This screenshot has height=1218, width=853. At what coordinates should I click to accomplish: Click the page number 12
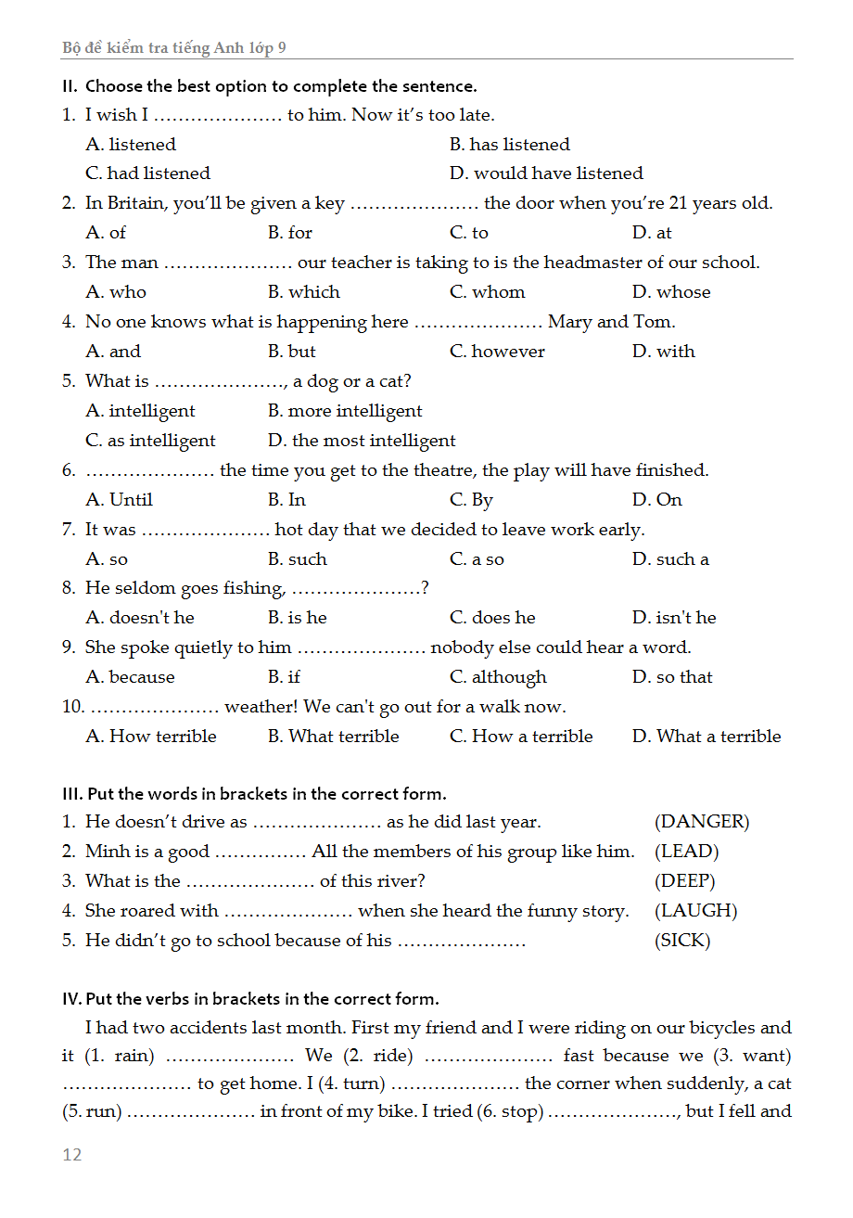coord(72,1154)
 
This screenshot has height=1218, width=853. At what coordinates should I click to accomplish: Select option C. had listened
coord(148,173)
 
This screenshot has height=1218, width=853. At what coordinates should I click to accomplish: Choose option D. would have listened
coord(546,173)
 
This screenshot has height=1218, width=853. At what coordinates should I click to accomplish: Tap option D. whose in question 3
coord(671,292)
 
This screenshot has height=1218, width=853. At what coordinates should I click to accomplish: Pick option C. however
coord(497,352)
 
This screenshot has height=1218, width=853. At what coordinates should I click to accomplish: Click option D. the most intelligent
coord(362,441)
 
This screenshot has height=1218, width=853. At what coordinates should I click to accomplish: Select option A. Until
coord(120,500)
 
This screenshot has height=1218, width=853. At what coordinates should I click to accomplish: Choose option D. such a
coord(670,559)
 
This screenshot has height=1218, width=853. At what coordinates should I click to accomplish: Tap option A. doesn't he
coord(140,618)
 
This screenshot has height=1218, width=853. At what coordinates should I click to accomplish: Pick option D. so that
coord(672,677)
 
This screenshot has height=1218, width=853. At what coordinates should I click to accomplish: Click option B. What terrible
coord(334,737)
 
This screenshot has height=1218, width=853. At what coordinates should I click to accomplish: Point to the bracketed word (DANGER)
coord(702,822)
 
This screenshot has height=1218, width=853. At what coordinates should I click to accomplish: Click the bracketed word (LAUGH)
coord(695,911)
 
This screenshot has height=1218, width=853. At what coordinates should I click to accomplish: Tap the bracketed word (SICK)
coord(682,941)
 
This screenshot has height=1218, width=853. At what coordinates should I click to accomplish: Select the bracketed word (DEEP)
coord(685,881)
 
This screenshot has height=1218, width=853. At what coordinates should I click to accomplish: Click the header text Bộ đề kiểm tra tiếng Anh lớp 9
coord(174,47)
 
